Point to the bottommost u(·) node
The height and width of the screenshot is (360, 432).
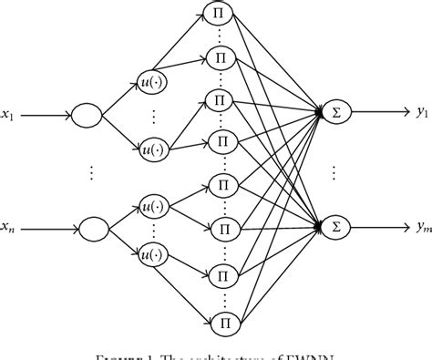point(153,254)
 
